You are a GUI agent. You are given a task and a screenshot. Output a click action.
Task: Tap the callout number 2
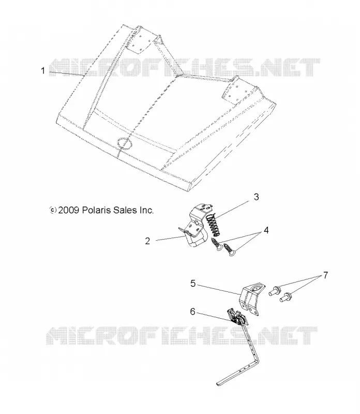tap(147, 241)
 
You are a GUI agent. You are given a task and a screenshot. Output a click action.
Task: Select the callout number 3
tap(256, 197)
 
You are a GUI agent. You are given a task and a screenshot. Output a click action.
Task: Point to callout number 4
tap(266, 230)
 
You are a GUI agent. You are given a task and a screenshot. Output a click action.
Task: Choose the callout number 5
tap(193, 284)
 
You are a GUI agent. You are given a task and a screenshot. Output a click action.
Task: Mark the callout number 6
tap(192, 312)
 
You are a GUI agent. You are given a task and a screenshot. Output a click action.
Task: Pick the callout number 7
tap(325, 275)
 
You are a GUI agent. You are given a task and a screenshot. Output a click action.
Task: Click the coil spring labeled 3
tap(214, 225)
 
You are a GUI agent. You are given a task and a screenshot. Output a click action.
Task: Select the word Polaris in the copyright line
tap(96, 210)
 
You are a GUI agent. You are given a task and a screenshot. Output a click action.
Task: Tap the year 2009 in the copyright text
tap(69, 210)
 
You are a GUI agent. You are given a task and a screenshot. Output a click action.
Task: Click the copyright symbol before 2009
tap(53, 210)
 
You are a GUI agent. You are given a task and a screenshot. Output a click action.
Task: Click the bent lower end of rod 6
tap(237, 373)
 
